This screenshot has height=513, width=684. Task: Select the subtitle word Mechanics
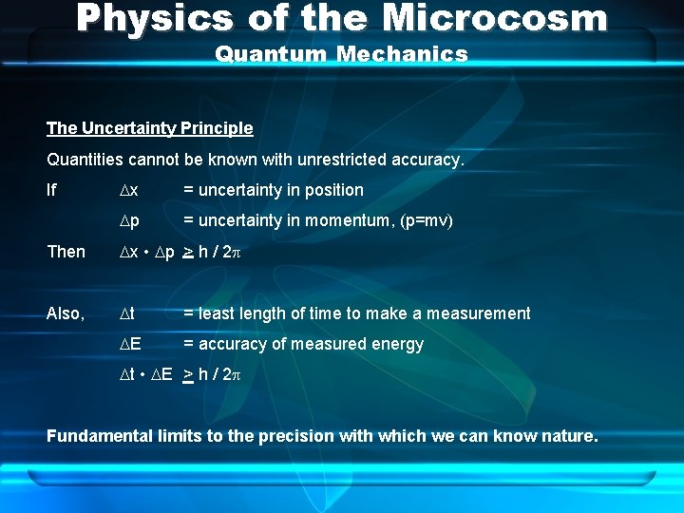(405, 54)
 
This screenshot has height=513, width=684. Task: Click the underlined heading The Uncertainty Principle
(150, 128)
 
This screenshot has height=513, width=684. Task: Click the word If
(52, 190)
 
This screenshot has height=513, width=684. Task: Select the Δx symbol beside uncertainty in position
(129, 190)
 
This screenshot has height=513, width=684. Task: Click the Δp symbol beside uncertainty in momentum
(129, 220)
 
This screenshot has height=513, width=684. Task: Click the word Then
(66, 252)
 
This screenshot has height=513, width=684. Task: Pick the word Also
(65, 313)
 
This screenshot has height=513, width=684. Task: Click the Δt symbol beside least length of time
(127, 313)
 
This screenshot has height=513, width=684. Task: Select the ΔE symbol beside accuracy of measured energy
(130, 344)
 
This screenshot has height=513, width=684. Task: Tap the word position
(332, 190)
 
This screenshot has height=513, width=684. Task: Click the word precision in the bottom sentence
(304, 436)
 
